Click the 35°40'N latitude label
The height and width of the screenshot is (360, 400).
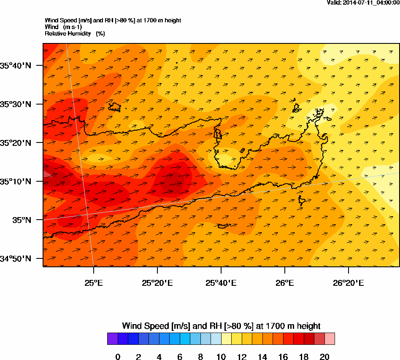point(16,65)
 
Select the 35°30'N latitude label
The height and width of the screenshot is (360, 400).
point(16,104)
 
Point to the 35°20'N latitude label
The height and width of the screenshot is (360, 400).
point(16,143)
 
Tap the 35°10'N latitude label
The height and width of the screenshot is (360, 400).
point(16,182)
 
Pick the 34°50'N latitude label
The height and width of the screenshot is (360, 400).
point(16,259)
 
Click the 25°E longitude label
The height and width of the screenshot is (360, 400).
point(93,283)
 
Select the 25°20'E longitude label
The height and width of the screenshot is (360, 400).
point(157,283)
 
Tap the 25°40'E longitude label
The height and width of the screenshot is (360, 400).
point(221,283)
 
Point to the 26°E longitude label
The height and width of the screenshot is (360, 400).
point(284,283)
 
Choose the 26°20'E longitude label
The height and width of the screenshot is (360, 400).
point(348,283)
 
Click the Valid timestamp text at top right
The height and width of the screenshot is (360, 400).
point(363,3)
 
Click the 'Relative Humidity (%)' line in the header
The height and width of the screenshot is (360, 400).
point(75,33)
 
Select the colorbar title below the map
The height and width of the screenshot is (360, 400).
point(221,326)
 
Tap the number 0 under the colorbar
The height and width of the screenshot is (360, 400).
point(118,357)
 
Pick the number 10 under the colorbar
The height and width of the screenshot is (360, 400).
point(221,357)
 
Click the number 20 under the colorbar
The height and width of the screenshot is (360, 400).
point(324,357)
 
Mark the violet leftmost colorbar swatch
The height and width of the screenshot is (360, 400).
point(112,339)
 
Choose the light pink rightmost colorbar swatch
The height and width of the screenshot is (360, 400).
point(330,339)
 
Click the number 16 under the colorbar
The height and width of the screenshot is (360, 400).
point(283,357)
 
